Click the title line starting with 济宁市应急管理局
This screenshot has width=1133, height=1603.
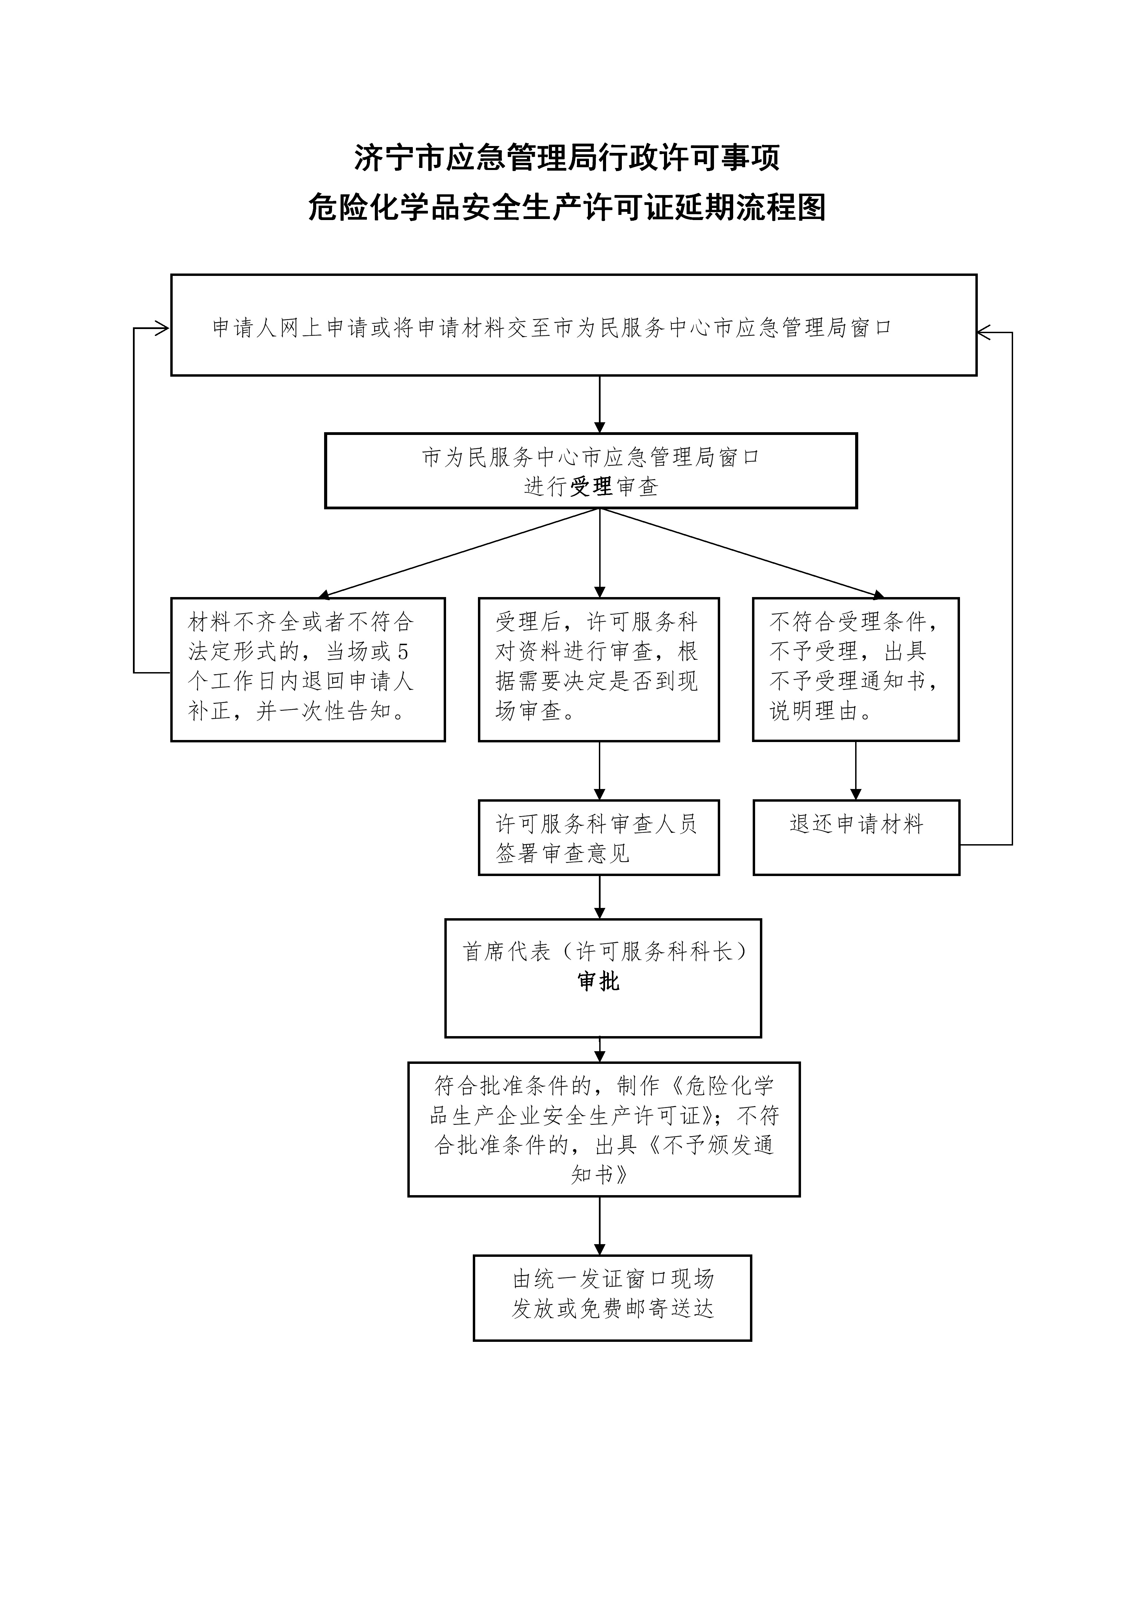click(x=566, y=158)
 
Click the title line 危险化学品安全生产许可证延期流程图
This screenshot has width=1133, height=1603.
click(x=566, y=207)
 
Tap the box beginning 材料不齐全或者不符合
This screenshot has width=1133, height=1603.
click(x=308, y=669)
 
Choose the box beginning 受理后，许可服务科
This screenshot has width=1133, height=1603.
click(x=598, y=669)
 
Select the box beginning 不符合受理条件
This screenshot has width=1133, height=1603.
click(x=855, y=669)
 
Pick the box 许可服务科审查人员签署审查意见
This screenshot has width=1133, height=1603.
click(x=598, y=837)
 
